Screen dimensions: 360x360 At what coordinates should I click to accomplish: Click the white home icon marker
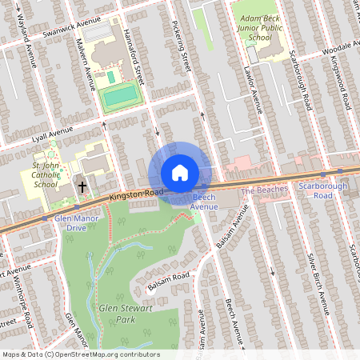click(x=180, y=173)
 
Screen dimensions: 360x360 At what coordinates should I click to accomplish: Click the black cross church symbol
click(x=82, y=186)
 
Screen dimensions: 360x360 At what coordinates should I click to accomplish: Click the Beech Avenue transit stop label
click(x=203, y=202)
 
